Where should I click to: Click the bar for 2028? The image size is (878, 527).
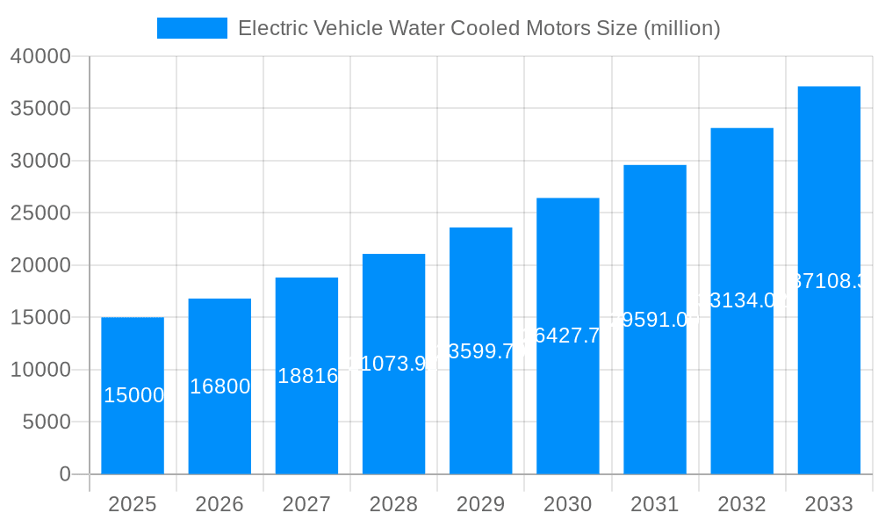[393, 413]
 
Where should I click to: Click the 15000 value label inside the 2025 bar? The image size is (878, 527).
[134, 395]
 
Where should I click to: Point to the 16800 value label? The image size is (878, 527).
[220, 386]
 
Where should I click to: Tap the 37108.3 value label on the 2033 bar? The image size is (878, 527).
[829, 281]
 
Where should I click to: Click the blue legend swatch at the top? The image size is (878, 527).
[191, 28]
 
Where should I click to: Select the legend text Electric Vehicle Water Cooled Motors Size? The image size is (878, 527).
[479, 28]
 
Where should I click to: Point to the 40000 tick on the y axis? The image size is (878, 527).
[40, 56]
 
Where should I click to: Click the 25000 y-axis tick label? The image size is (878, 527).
[40, 213]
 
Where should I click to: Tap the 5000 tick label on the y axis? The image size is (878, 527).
[46, 422]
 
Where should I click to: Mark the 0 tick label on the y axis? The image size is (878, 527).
[65, 474]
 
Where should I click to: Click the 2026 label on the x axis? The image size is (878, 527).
[219, 504]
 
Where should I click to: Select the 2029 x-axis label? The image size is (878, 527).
[480, 504]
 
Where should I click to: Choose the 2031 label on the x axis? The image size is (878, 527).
[655, 504]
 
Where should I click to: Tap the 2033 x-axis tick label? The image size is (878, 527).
[829, 504]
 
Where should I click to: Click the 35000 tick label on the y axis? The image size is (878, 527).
[40, 109]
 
